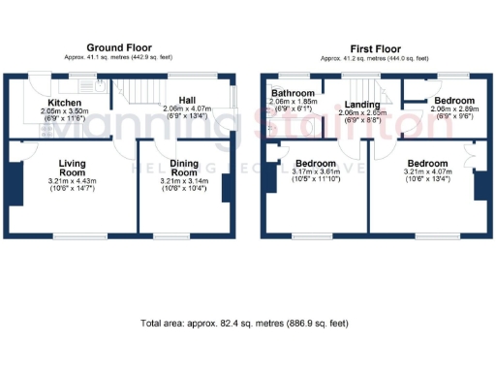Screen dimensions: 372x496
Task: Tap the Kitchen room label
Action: (66, 102)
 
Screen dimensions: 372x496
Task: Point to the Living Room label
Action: (73, 169)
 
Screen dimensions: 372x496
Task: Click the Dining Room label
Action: (184, 169)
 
